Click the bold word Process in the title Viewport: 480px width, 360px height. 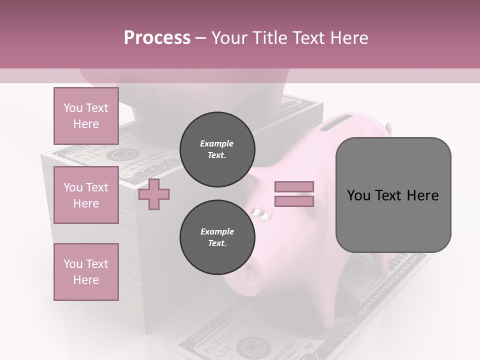(157, 38)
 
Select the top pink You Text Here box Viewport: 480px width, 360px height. (86, 116)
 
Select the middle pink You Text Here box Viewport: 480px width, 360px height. (86, 195)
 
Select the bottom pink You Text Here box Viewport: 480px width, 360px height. (86, 272)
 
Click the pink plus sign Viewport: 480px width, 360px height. (154, 194)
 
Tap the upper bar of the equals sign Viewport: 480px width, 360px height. (294, 186)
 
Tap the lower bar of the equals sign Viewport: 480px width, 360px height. (294, 201)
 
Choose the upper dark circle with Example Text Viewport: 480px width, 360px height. (217, 149)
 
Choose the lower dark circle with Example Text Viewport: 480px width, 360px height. (217, 237)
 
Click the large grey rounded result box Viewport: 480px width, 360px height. (393, 194)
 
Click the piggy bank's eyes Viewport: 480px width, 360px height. (259, 213)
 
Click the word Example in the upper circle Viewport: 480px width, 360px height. (217, 143)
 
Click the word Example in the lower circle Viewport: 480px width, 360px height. (217, 231)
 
